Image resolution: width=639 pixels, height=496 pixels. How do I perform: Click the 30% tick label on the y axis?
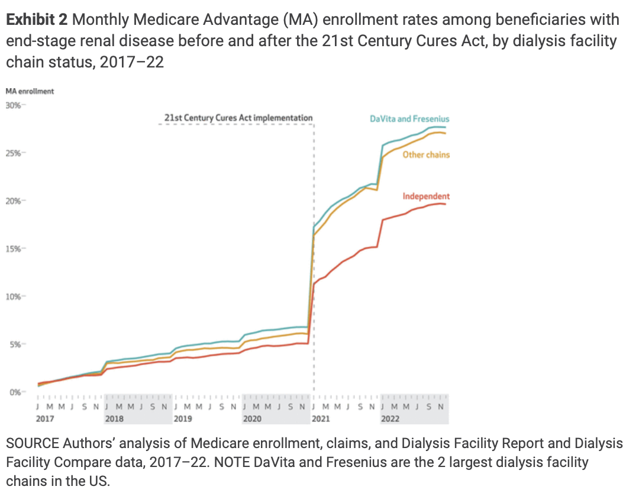pyautogui.click(x=13, y=105)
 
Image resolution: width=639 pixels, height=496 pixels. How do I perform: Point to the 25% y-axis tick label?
pyautogui.click(x=13, y=153)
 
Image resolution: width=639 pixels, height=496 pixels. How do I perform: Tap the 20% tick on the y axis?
pyautogui.click(x=13, y=201)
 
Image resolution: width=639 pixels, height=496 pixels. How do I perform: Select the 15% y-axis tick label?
pyautogui.click(x=13, y=249)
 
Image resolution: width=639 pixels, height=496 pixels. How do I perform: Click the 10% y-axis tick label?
pyautogui.click(x=13, y=297)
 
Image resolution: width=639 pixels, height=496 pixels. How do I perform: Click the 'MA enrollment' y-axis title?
pyautogui.click(x=30, y=91)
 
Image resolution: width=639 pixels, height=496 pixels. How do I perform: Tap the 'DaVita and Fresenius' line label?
pyautogui.click(x=409, y=119)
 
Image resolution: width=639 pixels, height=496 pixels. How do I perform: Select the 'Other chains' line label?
pyautogui.click(x=426, y=155)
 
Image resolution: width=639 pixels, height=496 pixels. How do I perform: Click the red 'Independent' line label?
pyautogui.click(x=426, y=197)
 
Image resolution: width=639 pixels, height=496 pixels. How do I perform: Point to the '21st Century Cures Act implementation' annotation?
pyautogui.click(x=238, y=118)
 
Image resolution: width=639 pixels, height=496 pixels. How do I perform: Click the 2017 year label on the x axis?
pyautogui.click(x=45, y=418)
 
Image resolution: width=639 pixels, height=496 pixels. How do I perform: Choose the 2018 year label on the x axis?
pyautogui.click(x=114, y=418)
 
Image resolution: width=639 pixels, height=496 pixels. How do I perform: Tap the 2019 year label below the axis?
pyautogui.click(x=183, y=418)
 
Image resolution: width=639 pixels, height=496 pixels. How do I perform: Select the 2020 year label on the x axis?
pyautogui.click(x=252, y=418)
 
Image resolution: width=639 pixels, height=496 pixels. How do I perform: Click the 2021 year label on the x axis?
pyautogui.click(x=321, y=418)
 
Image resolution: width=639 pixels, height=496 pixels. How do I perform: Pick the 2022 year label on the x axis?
pyautogui.click(x=390, y=418)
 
